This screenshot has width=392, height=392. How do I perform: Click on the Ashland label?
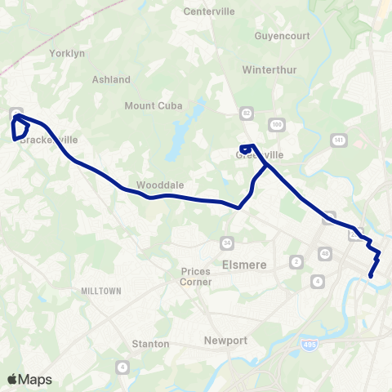(112, 79)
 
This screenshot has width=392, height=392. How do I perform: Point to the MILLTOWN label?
(101, 291)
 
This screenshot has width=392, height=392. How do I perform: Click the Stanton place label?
(151, 344)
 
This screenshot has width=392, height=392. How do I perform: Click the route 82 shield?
(247, 110)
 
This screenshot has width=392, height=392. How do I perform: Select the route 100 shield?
(278, 124)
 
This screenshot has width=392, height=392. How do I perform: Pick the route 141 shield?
(337, 140)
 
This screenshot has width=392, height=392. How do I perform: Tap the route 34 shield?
(226, 242)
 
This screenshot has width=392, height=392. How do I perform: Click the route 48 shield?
(325, 254)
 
